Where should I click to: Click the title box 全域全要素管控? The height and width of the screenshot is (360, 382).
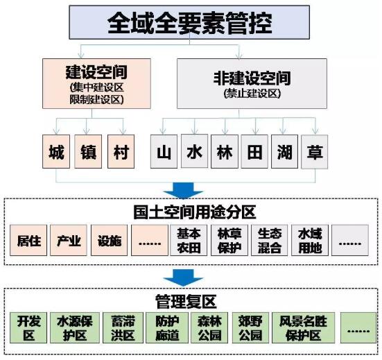coord(189,22)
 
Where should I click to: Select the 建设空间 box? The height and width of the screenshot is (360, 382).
coord(96,83)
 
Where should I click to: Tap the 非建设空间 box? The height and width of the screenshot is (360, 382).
coord(252,83)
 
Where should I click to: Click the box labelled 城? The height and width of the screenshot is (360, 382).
coord(56,151)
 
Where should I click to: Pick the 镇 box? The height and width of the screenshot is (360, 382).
coord(88,151)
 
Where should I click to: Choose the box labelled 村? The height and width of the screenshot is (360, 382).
coord(121,151)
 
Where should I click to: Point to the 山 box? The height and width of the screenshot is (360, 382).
coord(164,151)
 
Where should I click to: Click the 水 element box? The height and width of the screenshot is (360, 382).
coord(194,151)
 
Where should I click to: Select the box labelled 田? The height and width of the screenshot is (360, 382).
coord(254,151)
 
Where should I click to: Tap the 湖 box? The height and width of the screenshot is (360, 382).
coord(284,151)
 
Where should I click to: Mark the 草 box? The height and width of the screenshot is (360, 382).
coord(315,152)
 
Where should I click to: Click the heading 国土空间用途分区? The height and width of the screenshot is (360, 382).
coord(194,212)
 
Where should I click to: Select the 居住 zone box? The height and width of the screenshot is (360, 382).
coord(28,240)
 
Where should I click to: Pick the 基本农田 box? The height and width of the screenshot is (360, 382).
coord(189,240)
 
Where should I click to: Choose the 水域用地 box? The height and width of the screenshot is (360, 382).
coord(310,240)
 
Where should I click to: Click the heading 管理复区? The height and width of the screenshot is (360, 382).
coord(186,302)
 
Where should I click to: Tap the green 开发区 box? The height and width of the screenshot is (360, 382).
coord(28,328)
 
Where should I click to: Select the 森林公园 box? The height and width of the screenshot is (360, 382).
coord(209,328)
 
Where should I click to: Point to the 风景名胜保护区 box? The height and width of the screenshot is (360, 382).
coord(303,328)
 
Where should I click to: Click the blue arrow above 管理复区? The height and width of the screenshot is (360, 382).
coord(183,278)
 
